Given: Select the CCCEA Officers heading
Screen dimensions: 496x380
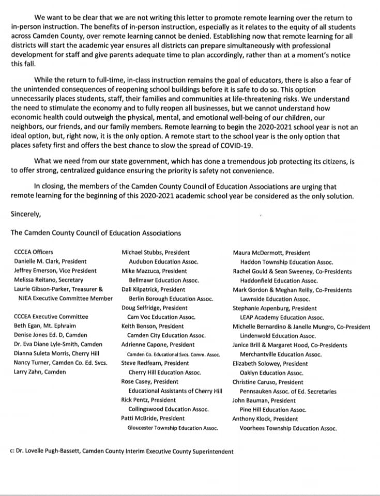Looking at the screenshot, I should coord(34,253).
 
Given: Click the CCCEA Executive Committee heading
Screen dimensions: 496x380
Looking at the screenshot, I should coord(51,317).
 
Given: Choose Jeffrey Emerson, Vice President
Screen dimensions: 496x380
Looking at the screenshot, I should coord(55,271).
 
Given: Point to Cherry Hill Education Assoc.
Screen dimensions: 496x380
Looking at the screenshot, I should coord(164,373).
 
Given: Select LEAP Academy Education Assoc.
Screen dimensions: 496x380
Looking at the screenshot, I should coord(282,318).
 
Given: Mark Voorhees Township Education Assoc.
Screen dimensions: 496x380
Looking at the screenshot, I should coord(288,428).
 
